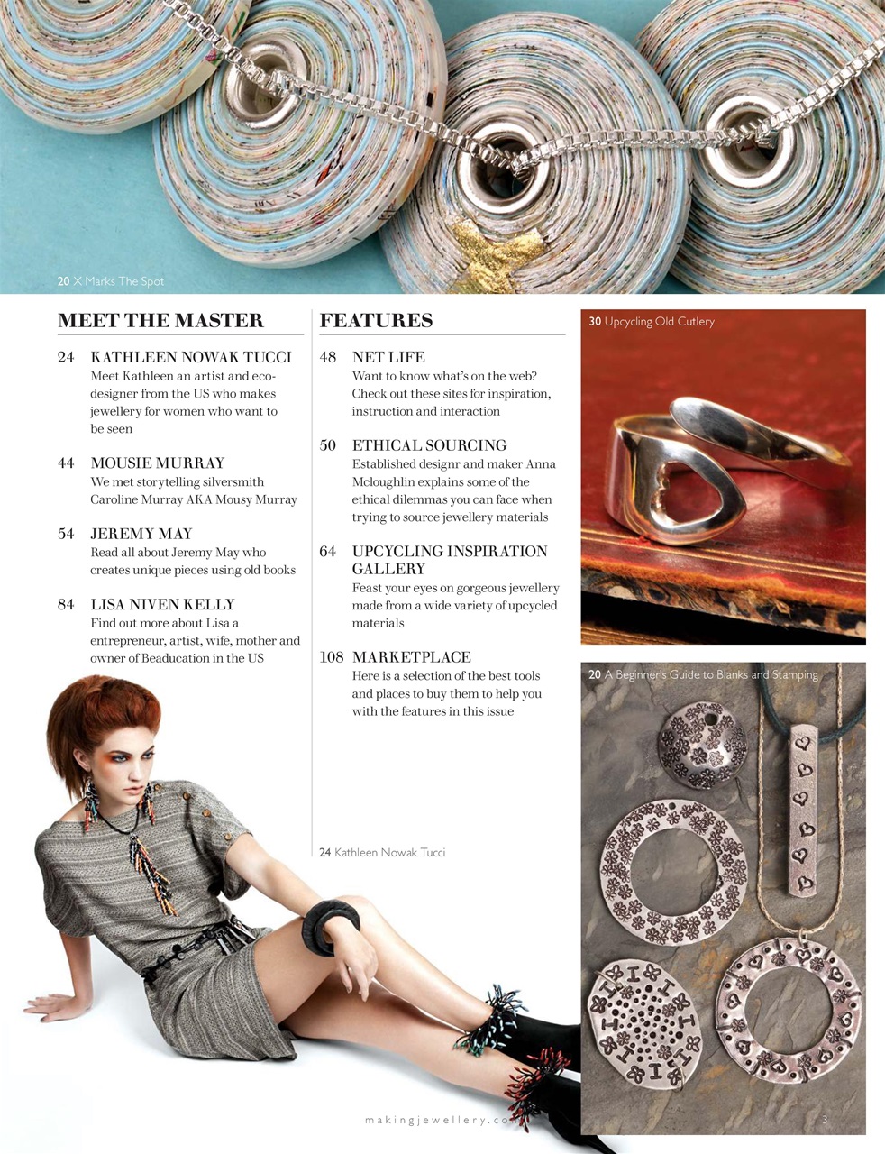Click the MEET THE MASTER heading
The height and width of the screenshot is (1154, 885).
coord(160,321)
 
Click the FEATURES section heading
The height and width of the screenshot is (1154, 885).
coord(376,321)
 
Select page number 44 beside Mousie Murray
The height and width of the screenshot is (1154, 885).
coord(66,463)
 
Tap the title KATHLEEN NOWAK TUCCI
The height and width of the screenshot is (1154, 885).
coord(191,357)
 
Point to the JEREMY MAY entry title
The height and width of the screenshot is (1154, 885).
coord(141,534)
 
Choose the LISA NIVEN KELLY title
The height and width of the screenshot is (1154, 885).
coord(162,604)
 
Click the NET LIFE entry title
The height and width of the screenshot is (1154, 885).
coord(388,357)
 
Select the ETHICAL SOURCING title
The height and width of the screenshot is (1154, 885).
coord(429,445)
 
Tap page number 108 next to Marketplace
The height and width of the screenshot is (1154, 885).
coord(332,657)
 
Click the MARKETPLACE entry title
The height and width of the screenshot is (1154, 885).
coord(411,657)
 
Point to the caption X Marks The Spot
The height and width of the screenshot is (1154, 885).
coord(111,281)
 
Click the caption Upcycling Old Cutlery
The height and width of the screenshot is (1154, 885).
coord(652,322)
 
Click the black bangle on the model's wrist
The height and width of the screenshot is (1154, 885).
coord(330,920)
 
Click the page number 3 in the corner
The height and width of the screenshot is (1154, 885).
coord(825,1120)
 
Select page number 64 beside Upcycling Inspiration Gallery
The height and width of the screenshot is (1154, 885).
coord(328,552)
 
